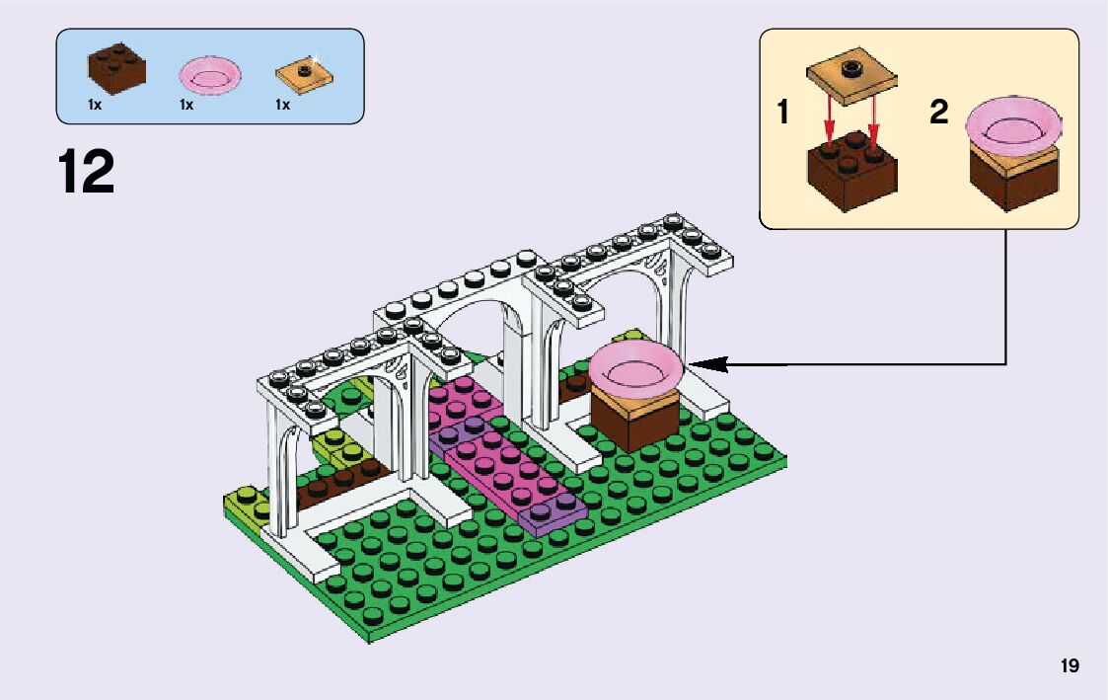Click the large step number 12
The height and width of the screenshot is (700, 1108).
(87, 172)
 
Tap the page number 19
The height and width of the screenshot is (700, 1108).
(1070, 665)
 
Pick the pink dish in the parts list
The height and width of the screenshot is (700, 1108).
(210, 75)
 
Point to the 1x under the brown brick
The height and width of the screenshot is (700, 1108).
(95, 105)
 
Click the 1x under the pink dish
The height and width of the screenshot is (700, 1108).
(186, 105)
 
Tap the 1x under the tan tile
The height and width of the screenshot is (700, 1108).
(282, 105)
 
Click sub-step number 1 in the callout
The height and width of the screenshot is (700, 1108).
(783, 113)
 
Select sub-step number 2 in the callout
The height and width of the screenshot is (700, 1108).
(938, 113)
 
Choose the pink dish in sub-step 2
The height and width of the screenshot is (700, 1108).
(1017, 125)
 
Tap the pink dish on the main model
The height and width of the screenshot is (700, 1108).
(636, 372)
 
